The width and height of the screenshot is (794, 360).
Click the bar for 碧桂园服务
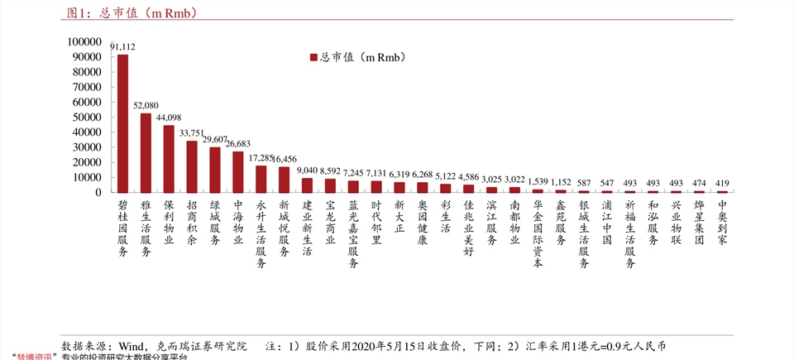tap(122, 123)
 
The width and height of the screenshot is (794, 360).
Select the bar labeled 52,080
tap(146, 153)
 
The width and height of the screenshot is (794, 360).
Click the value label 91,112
tap(122, 47)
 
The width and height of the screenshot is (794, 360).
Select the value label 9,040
tap(307, 170)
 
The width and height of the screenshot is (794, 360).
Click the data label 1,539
tap(538, 181)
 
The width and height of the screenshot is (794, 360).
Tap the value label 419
tap(722, 183)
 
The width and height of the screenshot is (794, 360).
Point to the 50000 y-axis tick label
tap(88, 118)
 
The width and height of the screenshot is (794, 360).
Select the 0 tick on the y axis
tap(99, 193)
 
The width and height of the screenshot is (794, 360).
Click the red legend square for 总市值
tap(313, 57)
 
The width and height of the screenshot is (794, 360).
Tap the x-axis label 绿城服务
tap(215, 223)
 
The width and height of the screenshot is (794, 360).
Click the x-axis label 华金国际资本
tap(538, 234)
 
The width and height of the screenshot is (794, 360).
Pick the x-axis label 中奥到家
tap(722, 223)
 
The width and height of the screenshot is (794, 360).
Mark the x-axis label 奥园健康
tap(423, 223)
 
